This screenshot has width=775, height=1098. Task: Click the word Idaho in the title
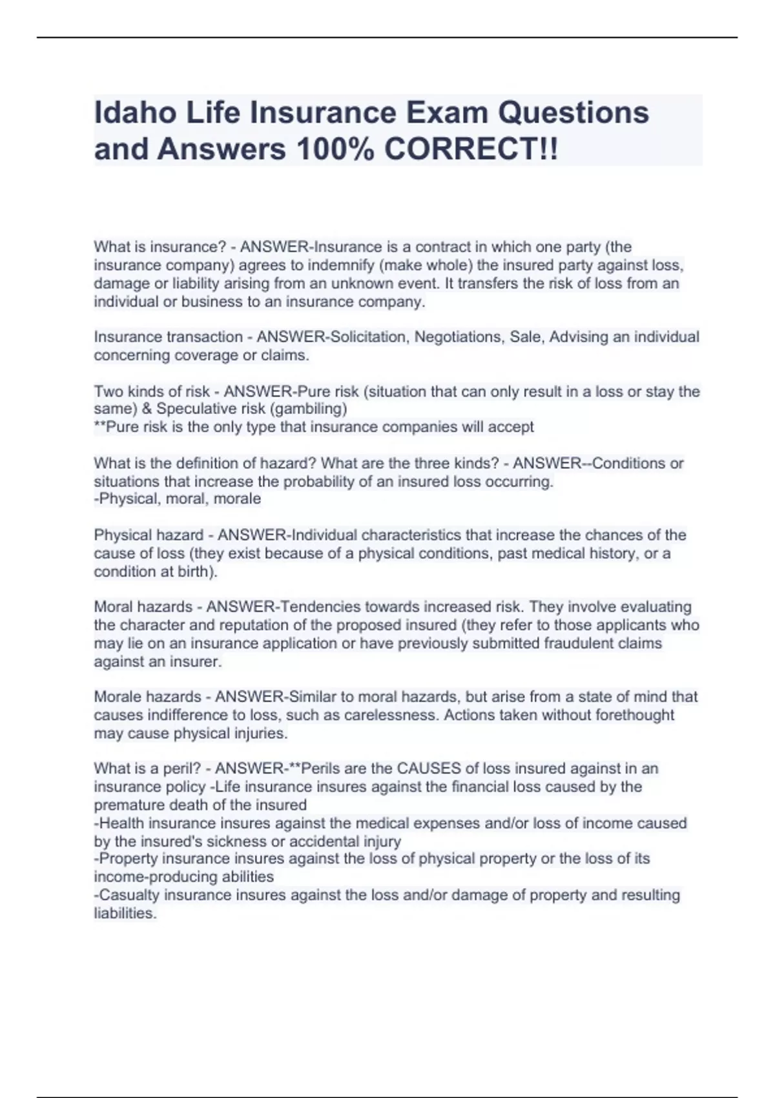(135, 112)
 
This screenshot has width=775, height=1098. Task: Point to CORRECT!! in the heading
(471, 149)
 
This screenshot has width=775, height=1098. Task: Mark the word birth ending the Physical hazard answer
(194, 572)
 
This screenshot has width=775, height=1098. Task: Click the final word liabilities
(125, 913)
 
